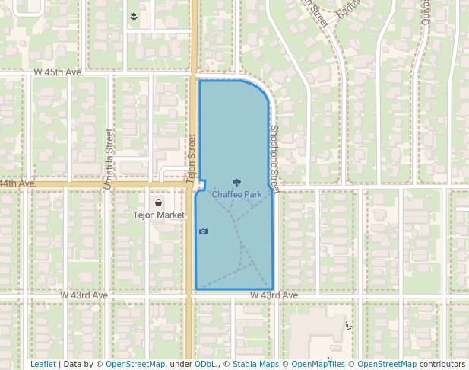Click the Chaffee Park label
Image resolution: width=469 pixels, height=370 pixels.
[x=236, y=195]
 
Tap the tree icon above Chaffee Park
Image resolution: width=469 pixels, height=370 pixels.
[x=236, y=183]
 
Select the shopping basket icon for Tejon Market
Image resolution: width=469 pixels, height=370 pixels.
[x=157, y=203]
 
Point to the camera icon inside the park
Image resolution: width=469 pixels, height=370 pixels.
[x=203, y=231]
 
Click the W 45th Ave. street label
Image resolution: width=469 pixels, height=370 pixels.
[x=58, y=72]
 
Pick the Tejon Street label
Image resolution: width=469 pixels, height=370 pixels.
[x=191, y=159]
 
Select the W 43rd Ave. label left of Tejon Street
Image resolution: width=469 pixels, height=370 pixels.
[x=86, y=295]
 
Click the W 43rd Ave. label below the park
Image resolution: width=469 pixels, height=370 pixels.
[x=274, y=295]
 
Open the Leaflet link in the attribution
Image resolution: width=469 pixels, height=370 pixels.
[x=43, y=364]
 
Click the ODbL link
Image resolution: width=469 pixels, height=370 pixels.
[x=205, y=364]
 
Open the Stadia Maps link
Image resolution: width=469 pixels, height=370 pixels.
[x=255, y=364]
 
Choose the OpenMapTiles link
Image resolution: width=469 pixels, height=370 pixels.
[x=318, y=364]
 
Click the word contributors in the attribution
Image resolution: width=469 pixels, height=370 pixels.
[x=442, y=364]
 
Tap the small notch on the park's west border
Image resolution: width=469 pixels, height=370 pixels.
[x=203, y=183]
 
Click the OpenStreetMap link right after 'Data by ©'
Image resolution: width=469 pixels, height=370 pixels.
[x=135, y=364]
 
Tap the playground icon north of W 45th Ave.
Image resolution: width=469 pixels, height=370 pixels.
[x=135, y=16]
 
